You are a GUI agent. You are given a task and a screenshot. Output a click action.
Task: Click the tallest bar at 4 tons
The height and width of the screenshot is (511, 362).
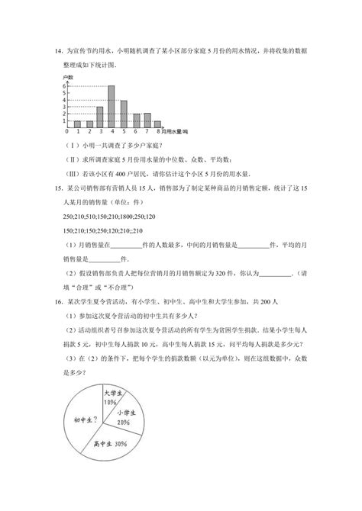tap(112, 106)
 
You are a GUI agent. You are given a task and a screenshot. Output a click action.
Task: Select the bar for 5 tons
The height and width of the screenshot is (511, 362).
tap(124, 113)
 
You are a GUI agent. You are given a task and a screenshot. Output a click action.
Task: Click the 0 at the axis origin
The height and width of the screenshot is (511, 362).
tap(67, 132)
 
